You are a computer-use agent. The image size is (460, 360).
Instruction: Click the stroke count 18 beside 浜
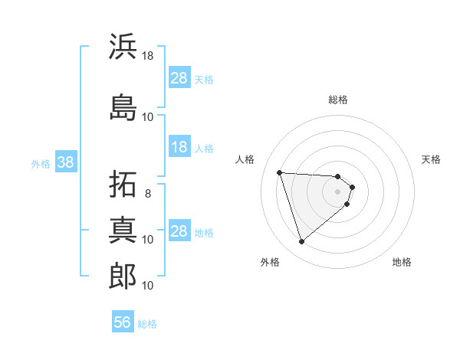(x=148, y=55)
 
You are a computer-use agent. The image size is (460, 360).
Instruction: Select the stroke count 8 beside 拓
(x=148, y=193)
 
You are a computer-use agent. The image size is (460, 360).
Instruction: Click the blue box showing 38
(x=65, y=162)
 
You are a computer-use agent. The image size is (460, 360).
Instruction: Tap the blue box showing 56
(x=123, y=322)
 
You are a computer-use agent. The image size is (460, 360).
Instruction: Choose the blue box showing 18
(x=179, y=147)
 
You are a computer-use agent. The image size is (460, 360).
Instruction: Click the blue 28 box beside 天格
(x=179, y=78)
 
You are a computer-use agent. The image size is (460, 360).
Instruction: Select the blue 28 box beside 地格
(x=179, y=231)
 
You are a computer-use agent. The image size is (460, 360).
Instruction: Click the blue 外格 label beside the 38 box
(x=41, y=163)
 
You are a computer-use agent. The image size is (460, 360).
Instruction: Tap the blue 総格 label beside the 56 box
(x=147, y=324)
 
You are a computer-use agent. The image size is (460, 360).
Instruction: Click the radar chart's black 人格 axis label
(x=245, y=159)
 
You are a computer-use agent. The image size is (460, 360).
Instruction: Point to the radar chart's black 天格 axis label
(x=432, y=159)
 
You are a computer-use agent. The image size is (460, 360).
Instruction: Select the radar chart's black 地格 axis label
(x=402, y=263)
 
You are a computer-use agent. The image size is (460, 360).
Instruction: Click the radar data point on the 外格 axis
(x=301, y=242)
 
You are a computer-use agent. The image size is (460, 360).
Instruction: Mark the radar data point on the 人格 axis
(x=280, y=172)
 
